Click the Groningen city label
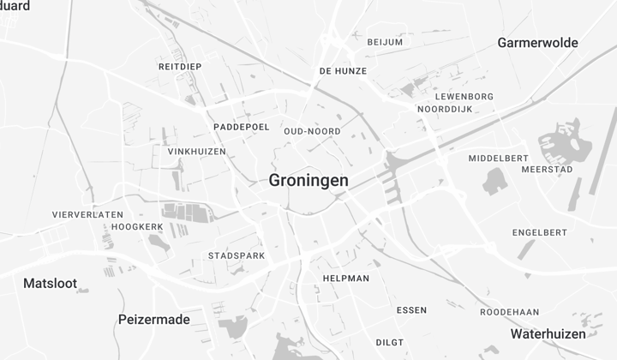point(308,181)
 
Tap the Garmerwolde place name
point(537,43)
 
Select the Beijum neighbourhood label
point(385,42)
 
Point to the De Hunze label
point(343,71)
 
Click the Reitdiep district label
point(179,66)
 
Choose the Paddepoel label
point(242,127)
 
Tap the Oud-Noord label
point(312,131)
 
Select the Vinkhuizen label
point(197,152)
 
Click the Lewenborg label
point(464,97)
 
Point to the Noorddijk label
point(445,110)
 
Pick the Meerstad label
point(548,170)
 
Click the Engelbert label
point(540,232)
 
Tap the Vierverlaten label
point(87,214)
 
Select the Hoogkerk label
point(137,226)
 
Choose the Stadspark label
point(237,255)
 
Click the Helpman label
point(346,279)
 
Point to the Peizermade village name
point(153,320)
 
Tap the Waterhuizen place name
point(548,333)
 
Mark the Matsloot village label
point(50,283)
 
